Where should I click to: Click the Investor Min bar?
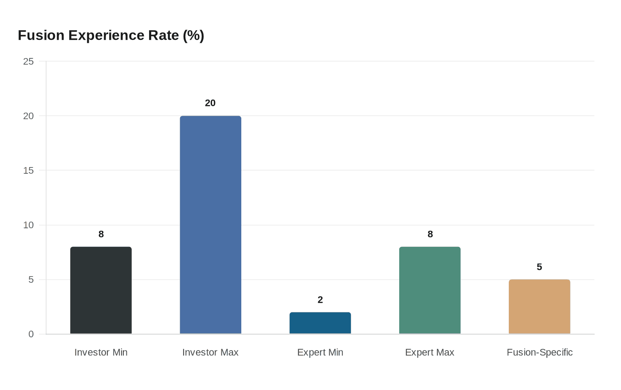(101, 290)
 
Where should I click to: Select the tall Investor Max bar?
(210, 225)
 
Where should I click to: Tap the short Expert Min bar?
(320, 323)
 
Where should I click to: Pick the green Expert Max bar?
(429, 290)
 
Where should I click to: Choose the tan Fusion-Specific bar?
(539, 307)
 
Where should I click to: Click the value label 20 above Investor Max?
(210, 103)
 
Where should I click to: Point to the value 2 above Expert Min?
(320, 300)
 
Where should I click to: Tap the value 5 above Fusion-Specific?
(539, 267)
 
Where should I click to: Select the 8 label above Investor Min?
(101, 234)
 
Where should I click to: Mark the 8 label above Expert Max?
(430, 234)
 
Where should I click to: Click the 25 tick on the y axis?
(28, 61)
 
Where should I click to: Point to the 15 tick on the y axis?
(28, 170)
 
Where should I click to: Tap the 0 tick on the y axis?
(31, 334)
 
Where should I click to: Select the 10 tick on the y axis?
(28, 225)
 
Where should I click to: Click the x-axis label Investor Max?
(210, 352)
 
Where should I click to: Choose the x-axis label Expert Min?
(320, 352)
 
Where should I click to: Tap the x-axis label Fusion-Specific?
(539, 352)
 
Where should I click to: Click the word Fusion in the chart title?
(41, 35)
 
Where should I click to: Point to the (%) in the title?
(193, 35)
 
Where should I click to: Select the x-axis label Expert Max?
(429, 352)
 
